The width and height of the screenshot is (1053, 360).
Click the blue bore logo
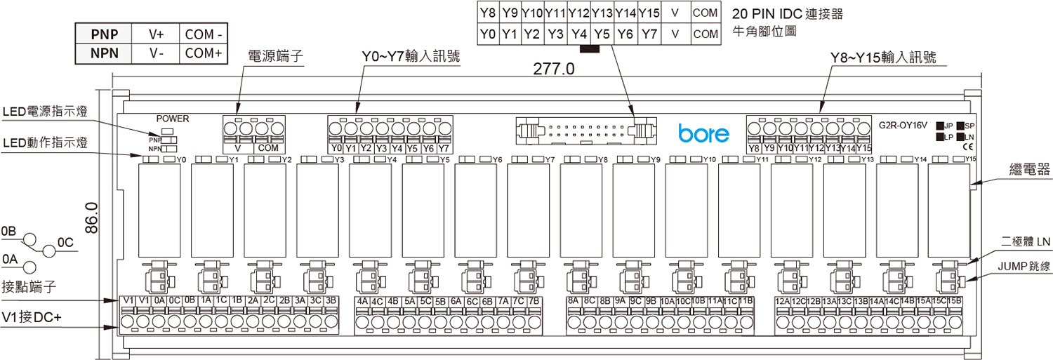click(x=703, y=133)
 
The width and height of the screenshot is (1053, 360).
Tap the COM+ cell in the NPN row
click(x=204, y=53)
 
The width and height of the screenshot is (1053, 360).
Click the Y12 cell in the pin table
click(x=579, y=13)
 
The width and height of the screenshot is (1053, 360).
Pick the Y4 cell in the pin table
click(x=579, y=34)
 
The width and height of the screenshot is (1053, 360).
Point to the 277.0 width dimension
click(x=554, y=69)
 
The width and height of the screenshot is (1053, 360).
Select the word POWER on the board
click(x=173, y=119)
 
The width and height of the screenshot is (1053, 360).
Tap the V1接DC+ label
click(x=32, y=318)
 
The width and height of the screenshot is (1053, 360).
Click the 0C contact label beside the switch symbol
click(x=65, y=243)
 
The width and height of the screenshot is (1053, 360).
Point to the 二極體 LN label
click(x=1026, y=241)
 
